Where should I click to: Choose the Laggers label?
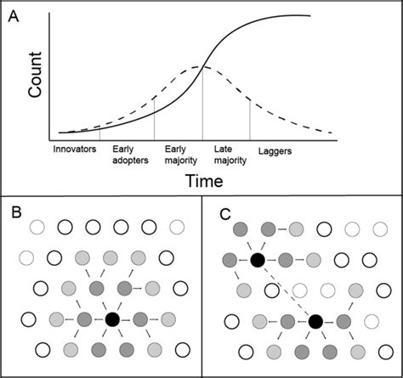(x=275, y=149)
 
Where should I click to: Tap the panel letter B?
(x=14, y=212)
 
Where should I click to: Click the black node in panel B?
(x=112, y=319)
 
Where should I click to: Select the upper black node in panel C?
(x=256, y=259)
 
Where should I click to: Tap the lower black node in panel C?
(x=315, y=320)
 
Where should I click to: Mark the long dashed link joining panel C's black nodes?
(x=286, y=290)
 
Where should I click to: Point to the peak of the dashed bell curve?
(x=201, y=66)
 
